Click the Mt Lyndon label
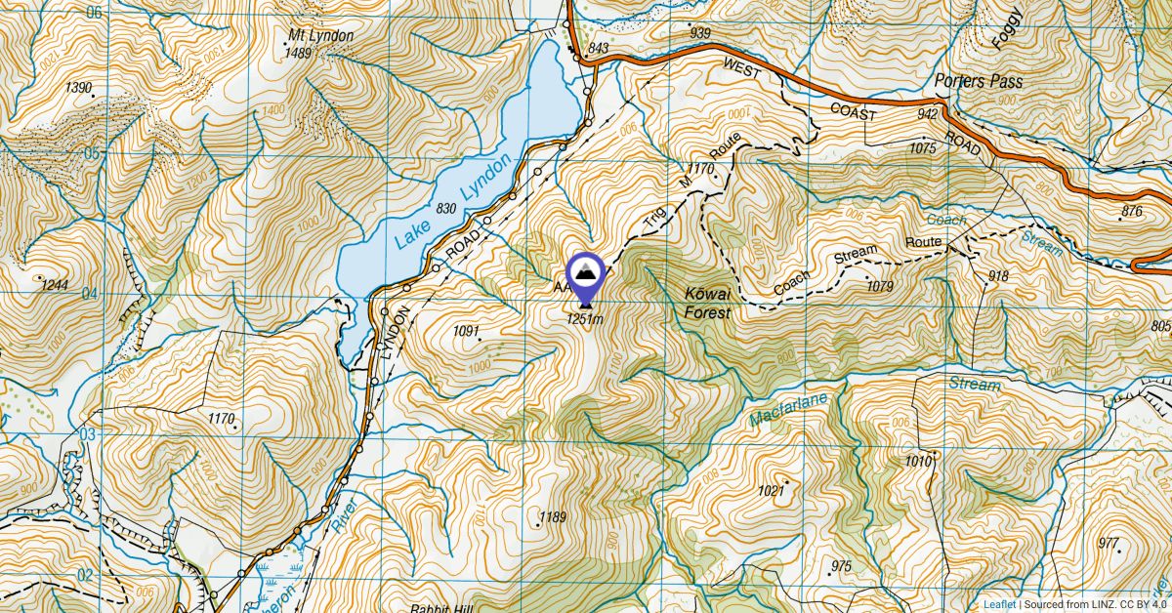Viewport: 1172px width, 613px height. (320, 36)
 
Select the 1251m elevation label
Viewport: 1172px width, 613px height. (585, 319)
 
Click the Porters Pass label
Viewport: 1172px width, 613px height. (978, 82)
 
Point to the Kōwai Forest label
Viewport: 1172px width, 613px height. (707, 304)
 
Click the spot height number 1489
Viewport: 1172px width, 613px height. (298, 53)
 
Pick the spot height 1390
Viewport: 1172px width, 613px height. (78, 88)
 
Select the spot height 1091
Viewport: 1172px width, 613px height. (466, 332)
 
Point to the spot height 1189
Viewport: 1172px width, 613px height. (553, 516)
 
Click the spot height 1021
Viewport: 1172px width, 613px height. (772, 491)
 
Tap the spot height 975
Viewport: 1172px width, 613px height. (841, 566)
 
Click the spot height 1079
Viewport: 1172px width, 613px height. (880, 286)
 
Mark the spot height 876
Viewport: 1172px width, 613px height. (1132, 211)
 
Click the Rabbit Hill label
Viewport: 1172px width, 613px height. (438, 607)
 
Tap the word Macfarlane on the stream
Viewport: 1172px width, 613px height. (789, 409)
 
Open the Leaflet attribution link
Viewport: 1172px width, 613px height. (998, 604)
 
